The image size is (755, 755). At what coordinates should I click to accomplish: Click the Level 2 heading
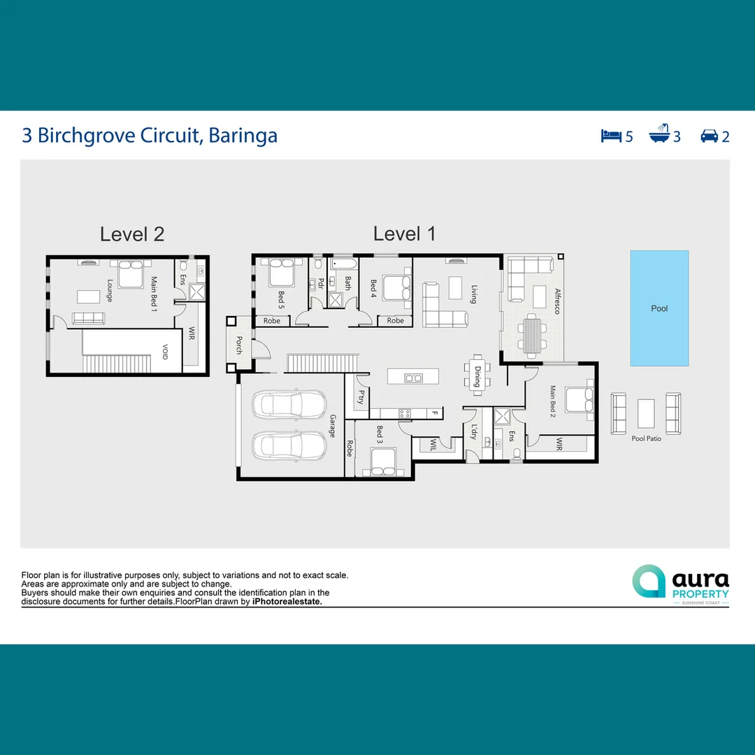[x=132, y=234]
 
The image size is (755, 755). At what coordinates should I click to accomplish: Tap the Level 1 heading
[x=404, y=234]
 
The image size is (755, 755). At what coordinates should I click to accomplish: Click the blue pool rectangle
[x=659, y=308]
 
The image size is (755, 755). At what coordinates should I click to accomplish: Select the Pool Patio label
[x=646, y=438]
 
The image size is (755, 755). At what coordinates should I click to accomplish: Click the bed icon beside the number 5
[x=611, y=136]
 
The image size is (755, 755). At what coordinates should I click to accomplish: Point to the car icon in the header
[x=710, y=136]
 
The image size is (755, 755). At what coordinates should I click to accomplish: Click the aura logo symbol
[x=649, y=582]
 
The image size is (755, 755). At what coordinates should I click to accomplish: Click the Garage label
[x=332, y=425]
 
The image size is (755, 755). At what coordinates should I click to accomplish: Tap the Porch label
[x=238, y=345]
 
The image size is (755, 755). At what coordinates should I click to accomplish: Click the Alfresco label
[x=557, y=301]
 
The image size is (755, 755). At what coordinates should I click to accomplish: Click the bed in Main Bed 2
[x=580, y=401]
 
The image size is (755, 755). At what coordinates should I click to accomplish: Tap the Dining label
[x=477, y=377]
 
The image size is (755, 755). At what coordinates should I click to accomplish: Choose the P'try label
[x=361, y=397]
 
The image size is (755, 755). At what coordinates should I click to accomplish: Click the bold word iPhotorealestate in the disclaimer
[x=287, y=601]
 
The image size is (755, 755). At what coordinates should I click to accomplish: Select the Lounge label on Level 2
[x=110, y=290]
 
